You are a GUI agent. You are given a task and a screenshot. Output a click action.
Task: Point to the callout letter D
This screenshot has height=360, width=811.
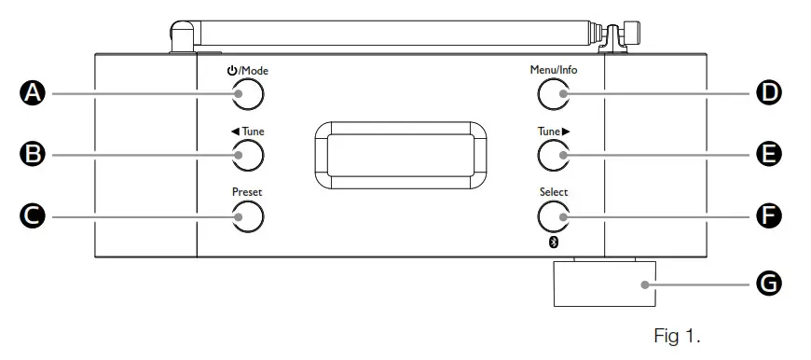768,92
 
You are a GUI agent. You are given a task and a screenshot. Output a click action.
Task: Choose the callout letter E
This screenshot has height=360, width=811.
768,154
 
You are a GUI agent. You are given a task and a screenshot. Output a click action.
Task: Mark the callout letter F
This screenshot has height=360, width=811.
768,216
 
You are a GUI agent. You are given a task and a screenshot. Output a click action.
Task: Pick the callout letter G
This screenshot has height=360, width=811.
768,284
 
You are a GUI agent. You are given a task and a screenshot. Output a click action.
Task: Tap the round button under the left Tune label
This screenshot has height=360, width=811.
249,154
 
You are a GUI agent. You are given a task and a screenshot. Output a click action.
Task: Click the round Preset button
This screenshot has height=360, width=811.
249,216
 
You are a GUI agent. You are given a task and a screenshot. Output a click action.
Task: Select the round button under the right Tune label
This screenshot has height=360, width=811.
553,154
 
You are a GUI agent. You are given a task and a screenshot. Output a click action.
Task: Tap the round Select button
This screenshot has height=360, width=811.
553,216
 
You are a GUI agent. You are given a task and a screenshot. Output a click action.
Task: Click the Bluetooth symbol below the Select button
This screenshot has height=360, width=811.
553,242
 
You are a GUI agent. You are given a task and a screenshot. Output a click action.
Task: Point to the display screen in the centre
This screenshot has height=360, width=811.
399,152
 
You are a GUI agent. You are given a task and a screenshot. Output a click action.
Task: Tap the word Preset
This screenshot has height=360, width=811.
248,193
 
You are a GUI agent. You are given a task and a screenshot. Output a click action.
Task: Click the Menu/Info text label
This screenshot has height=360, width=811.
552,70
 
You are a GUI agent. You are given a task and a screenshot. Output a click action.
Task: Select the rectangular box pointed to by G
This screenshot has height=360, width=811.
603,284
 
